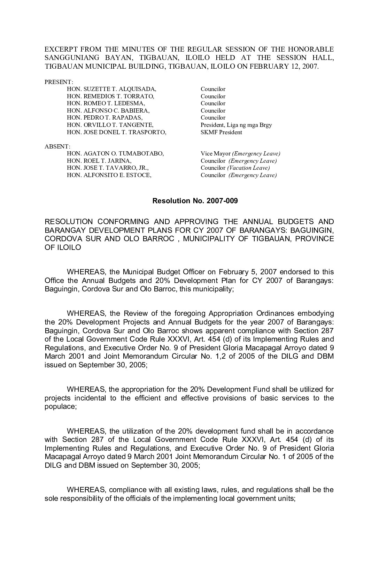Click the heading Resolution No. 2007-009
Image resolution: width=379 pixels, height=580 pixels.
(x=195, y=201)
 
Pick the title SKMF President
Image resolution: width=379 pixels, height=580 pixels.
(x=221, y=132)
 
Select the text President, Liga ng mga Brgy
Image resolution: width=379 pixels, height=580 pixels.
(x=236, y=125)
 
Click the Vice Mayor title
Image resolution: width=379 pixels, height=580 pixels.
(x=216, y=153)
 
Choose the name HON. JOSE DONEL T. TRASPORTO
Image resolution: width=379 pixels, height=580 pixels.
(x=117, y=132)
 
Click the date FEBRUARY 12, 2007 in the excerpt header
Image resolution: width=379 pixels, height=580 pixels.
(x=288, y=67)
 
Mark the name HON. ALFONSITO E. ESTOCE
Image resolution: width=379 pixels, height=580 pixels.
(x=109, y=175)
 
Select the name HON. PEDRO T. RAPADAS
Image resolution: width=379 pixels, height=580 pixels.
(x=105, y=118)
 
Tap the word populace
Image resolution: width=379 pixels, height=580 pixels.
(x=60, y=407)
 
